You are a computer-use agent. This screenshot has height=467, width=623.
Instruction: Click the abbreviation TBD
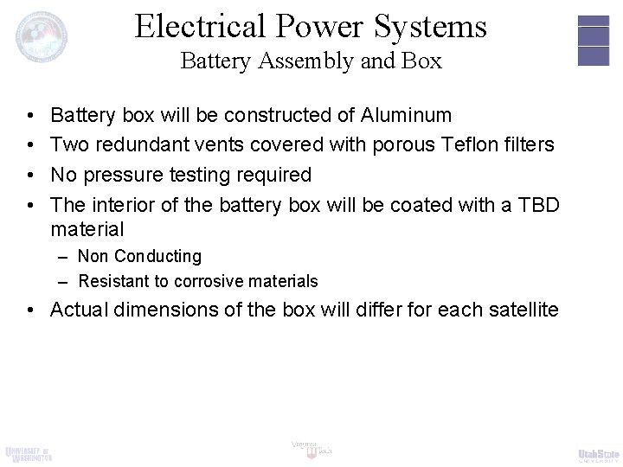539,205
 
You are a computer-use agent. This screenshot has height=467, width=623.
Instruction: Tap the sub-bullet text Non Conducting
139,256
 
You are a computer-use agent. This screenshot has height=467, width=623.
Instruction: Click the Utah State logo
597,453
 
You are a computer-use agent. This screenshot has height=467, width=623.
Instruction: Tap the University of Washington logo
29,453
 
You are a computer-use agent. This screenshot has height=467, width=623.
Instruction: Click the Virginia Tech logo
311,448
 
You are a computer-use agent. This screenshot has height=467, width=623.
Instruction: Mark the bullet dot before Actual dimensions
31,310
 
